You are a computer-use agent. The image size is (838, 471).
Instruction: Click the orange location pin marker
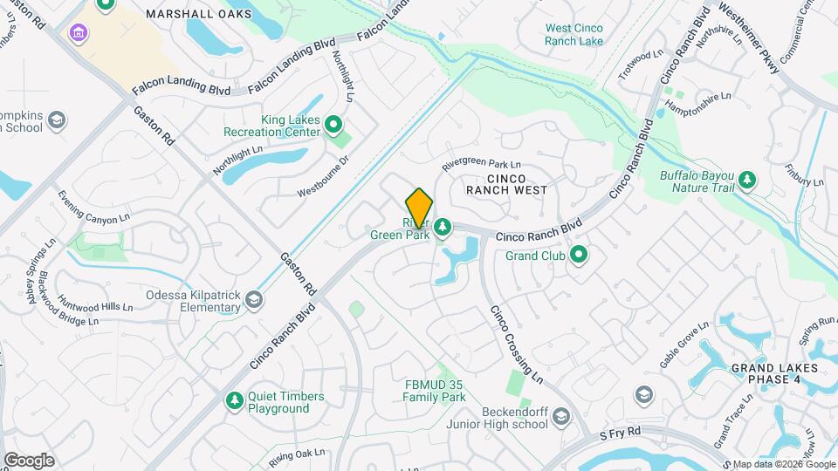coord(419,207)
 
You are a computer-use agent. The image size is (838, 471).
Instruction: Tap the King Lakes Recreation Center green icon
coord(333,125)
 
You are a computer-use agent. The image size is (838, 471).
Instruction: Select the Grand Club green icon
coord(578,256)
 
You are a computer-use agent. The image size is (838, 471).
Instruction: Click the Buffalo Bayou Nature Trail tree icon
coord(746,181)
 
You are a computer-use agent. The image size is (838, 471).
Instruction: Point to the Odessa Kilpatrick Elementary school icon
coord(253,300)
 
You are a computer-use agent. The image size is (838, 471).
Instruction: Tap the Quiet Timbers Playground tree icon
coord(234,400)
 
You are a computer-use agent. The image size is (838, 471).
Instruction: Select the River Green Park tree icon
coord(443,228)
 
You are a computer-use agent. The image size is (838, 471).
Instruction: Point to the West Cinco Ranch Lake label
coord(574,34)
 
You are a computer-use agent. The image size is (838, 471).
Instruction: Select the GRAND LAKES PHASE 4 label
coord(775,373)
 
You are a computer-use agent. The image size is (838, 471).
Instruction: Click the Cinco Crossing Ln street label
coord(516,345)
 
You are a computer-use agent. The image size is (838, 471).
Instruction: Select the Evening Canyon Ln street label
coord(93,207)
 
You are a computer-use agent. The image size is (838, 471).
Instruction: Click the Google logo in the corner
coord(29,460)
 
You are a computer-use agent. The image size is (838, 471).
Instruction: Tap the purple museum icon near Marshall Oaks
coord(78,33)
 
